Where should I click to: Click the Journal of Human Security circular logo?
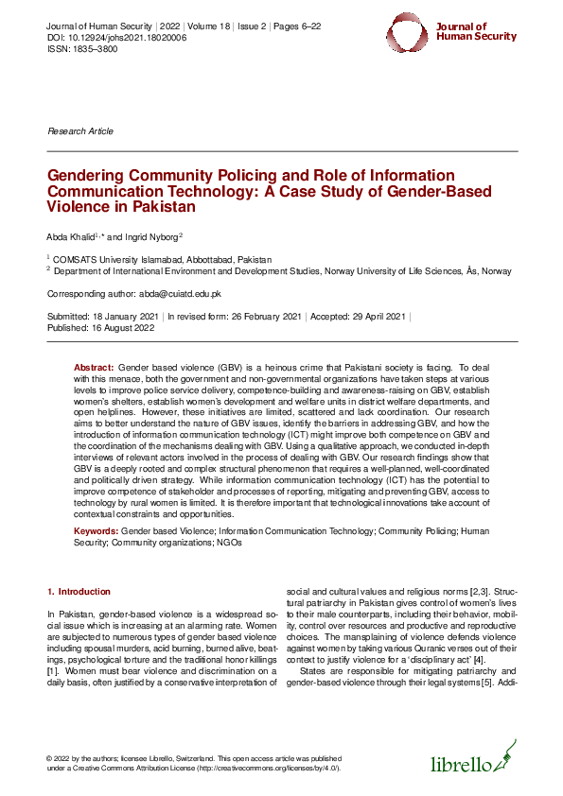[409, 33]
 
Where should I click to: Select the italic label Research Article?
[80, 131]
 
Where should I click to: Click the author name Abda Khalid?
[70, 236]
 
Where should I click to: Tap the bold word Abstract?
[94, 366]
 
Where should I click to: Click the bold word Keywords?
[97, 533]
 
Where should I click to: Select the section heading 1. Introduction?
[79, 592]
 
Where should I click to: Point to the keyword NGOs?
[229, 544]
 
